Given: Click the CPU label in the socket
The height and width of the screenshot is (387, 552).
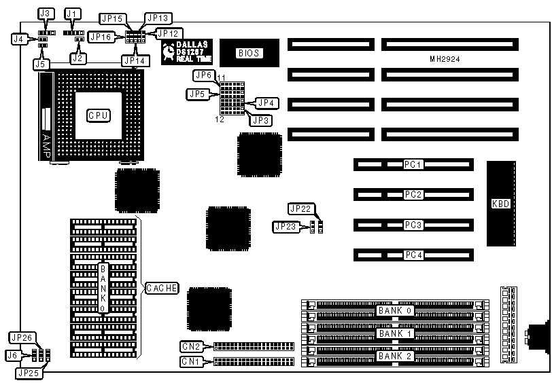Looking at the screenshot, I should (98, 116).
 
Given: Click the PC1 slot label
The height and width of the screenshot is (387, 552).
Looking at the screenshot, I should (413, 165).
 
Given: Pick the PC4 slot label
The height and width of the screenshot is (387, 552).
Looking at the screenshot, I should (413, 255).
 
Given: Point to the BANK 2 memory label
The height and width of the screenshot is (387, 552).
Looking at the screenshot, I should (394, 356).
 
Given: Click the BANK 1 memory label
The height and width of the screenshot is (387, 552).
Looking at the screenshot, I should (394, 333).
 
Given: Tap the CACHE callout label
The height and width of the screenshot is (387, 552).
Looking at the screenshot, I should (161, 288).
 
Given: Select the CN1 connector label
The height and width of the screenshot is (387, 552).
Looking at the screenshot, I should (191, 362).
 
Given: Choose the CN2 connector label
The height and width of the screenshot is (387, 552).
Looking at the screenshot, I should (191, 346).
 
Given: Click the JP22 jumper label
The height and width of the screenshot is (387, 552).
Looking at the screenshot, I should (299, 208).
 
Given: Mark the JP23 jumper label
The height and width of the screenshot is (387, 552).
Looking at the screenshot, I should (285, 226).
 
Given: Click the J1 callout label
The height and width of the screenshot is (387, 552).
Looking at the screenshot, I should (71, 14).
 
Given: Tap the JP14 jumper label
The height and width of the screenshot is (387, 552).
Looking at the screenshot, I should (133, 60).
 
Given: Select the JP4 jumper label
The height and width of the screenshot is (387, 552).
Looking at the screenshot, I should (266, 103).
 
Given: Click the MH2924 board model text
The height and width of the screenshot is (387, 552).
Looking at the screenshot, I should (445, 60).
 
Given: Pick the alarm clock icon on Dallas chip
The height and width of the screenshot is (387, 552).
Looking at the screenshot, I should (169, 51).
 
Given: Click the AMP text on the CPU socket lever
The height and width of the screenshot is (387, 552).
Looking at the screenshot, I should (47, 143).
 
